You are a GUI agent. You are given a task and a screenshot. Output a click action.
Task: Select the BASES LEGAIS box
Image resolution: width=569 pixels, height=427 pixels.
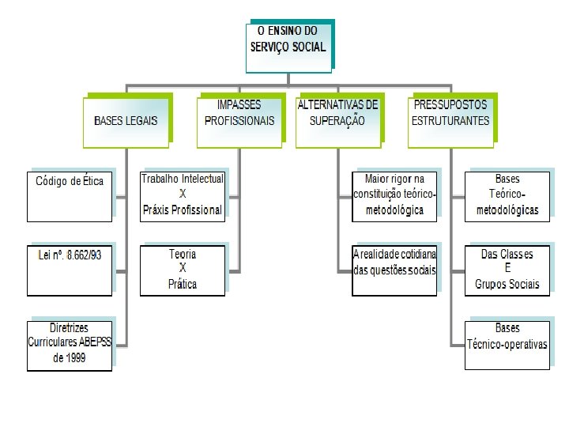pyautogui.click(x=126, y=121)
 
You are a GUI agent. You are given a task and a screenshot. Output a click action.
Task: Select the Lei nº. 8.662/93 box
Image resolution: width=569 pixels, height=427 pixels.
pyautogui.click(x=70, y=270)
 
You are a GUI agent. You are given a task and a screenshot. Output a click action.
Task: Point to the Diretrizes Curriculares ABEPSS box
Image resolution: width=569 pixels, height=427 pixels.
pyautogui.click(x=70, y=346)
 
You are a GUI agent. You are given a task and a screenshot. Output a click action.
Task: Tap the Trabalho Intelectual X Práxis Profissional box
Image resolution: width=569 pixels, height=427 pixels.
pyautogui.click(x=183, y=195)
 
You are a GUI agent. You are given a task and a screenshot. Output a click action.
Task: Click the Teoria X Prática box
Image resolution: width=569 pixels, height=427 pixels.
pyautogui.click(x=183, y=270)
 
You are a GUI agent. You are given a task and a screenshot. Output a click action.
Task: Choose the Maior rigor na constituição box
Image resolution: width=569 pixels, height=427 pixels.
pyautogui.click(x=394, y=195)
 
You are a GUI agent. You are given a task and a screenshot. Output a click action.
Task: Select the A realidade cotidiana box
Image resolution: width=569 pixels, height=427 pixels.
pyautogui.click(x=394, y=270)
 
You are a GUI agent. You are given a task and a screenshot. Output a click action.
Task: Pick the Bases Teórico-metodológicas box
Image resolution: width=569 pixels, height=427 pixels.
pyautogui.click(x=507, y=195)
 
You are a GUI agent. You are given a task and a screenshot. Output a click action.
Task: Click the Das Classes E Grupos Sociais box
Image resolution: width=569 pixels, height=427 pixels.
pyautogui.click(x=507, y=270)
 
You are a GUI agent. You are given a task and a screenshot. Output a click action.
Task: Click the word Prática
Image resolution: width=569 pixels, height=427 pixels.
pyautogui.click(x=183, y=284)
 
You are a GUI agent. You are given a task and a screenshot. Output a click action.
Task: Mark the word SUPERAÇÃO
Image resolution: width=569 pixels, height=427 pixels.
pyautogui.click(x=337, y=122)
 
